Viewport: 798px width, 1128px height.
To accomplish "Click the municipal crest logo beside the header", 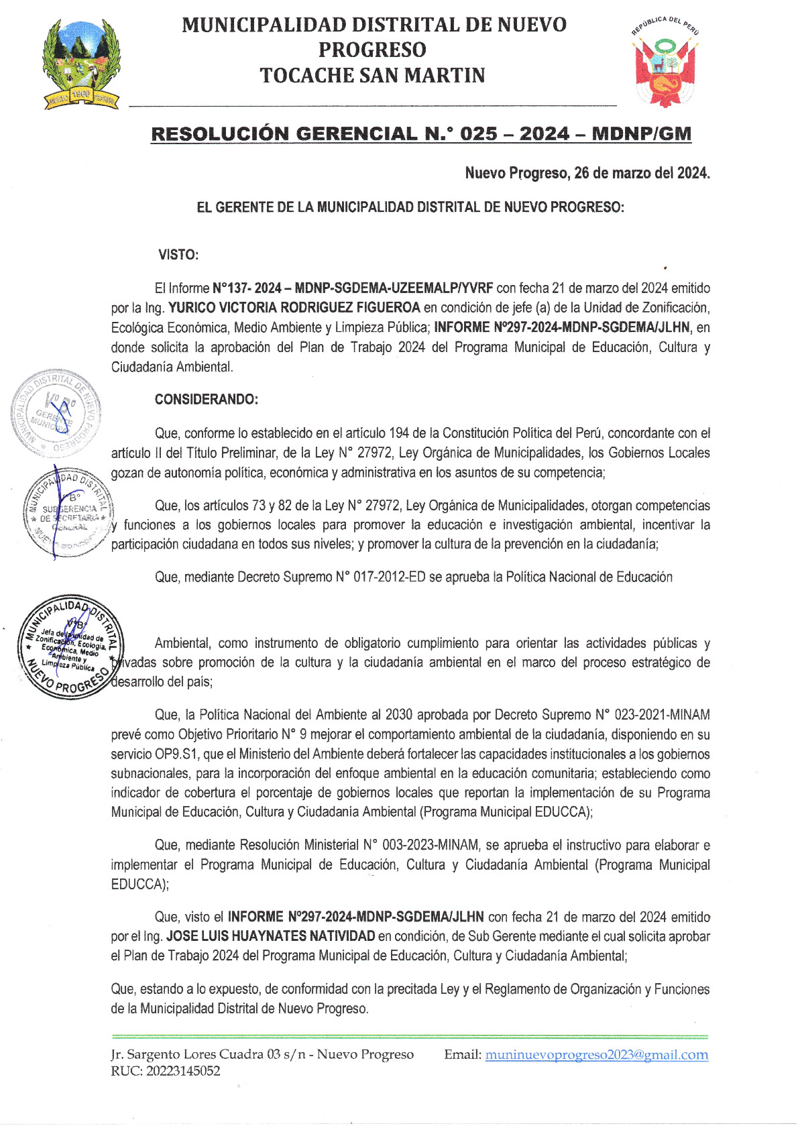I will tap(81, 64).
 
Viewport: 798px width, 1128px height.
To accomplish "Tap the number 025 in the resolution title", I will tap(479, 133).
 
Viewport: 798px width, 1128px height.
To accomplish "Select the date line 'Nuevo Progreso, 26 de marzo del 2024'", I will tap(587, 173).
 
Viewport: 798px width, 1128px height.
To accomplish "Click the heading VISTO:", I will tap(178, 255).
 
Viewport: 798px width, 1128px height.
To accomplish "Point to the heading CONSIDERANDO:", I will tap(206, 400).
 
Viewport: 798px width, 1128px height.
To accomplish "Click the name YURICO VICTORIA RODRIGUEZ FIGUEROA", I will tap(294, 308).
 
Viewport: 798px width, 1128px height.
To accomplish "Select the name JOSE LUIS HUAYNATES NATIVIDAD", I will tap(270, 936).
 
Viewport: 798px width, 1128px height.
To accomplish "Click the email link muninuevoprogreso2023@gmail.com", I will tap(596, 1054).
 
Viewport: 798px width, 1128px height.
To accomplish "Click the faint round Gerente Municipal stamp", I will tap(56, 412).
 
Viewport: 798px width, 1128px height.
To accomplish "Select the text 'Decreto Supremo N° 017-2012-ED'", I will tap(331, 577).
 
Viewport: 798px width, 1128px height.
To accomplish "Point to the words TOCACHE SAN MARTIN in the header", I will tap(372, 75).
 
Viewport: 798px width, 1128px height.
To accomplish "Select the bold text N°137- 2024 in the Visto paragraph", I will tap(246, 288).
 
